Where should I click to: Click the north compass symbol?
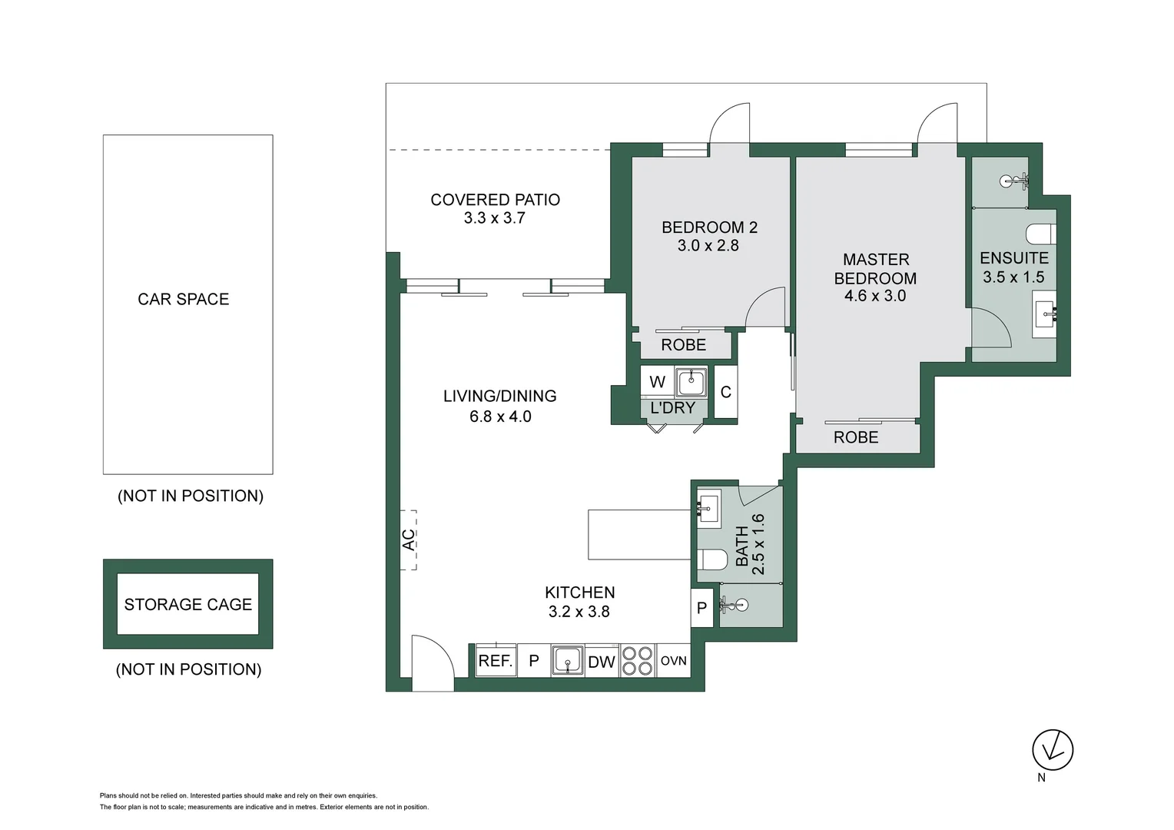point(1052,750)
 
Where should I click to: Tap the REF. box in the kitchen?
point(496,661)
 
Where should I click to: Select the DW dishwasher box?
point(602,662)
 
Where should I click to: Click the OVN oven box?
point(674,661)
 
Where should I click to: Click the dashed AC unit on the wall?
point(408,539)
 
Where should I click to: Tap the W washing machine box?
point(657,382)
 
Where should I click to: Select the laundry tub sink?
point(691,382)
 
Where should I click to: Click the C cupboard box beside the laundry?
point(726,392)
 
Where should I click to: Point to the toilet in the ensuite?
point(1042,234)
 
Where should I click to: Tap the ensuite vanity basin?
point(1044,314)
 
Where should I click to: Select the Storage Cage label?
point(188,605)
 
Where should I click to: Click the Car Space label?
point(184,299)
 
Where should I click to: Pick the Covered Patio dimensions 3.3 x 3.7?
point(494,218)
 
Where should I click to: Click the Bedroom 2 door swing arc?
point(765,307)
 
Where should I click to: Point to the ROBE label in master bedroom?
point(856,437)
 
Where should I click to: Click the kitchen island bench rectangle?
point(638,534)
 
